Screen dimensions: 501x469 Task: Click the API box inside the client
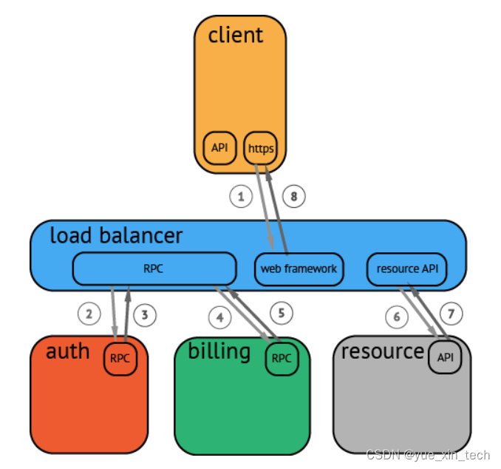coord(219,148)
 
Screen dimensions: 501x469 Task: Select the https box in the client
coord(260,148)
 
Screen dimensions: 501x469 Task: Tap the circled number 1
coord(241,196)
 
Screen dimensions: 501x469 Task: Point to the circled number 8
coord(294,196)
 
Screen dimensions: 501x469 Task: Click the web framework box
coord(299,269)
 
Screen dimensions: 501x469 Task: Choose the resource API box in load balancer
coord(406,269)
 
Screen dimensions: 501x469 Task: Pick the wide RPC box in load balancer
coord(154,269)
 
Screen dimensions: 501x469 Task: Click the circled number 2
coord(89,314)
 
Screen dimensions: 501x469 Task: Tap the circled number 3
coord(145,315)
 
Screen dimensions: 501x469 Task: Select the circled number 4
coord(219,317)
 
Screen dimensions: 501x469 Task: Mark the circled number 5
coord(282,313)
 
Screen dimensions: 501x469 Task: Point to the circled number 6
coord(397,317)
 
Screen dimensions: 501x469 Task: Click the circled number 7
coord(451,314)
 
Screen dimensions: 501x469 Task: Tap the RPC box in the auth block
coord(120,359)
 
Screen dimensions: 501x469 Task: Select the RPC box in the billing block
coord(282,359)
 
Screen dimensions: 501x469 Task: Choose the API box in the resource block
coord(445,357)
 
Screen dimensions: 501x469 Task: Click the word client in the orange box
coord(236,35)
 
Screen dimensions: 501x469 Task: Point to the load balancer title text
coord(116,235)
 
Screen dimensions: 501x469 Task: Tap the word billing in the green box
coord(219,351)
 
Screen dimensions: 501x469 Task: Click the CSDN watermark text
coord(428,455)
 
